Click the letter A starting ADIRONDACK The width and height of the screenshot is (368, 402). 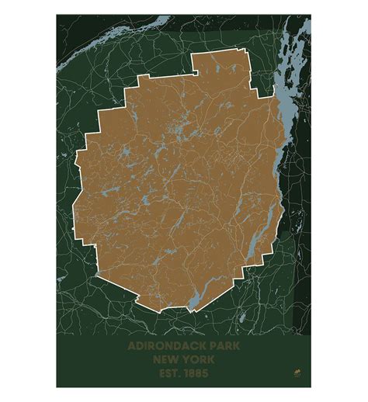132,345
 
